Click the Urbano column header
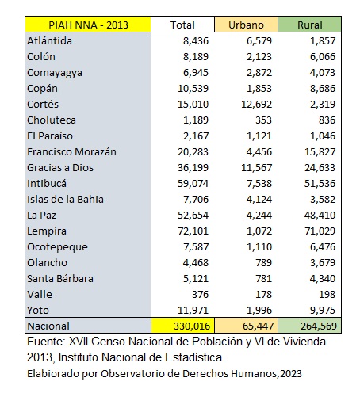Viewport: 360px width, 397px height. pos(246,25)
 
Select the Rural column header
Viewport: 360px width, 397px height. pos(310,25)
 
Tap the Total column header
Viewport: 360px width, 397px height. pos(182,25)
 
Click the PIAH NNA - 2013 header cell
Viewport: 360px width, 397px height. pos(88,25)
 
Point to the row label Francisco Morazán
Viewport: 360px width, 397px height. pos(71,152)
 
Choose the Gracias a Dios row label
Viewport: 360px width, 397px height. pos(60,168)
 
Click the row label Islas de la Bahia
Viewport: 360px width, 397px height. pos(65,200)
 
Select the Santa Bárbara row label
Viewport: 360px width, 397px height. pos(60,279)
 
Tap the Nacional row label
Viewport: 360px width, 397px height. pos(48,326)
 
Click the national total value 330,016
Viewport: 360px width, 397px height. pos(192,326)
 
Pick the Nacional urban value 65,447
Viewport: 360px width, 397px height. pos(258,326)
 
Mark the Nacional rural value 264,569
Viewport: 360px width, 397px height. pos(319,326)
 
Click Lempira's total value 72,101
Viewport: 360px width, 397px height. pos(193,231)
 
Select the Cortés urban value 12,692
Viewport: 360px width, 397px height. pos(256,105)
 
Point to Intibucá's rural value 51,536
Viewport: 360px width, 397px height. pos(320,184)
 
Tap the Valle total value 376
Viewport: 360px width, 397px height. pos(201,295)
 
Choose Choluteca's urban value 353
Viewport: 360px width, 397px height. pos(263,120)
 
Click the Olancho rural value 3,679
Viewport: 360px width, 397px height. pos(323,263)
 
